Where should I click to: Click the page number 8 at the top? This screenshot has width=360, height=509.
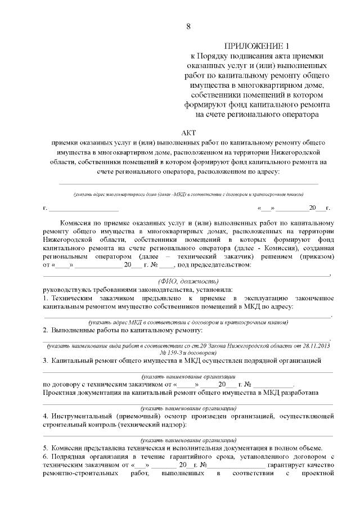click(x=188, y=26)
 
